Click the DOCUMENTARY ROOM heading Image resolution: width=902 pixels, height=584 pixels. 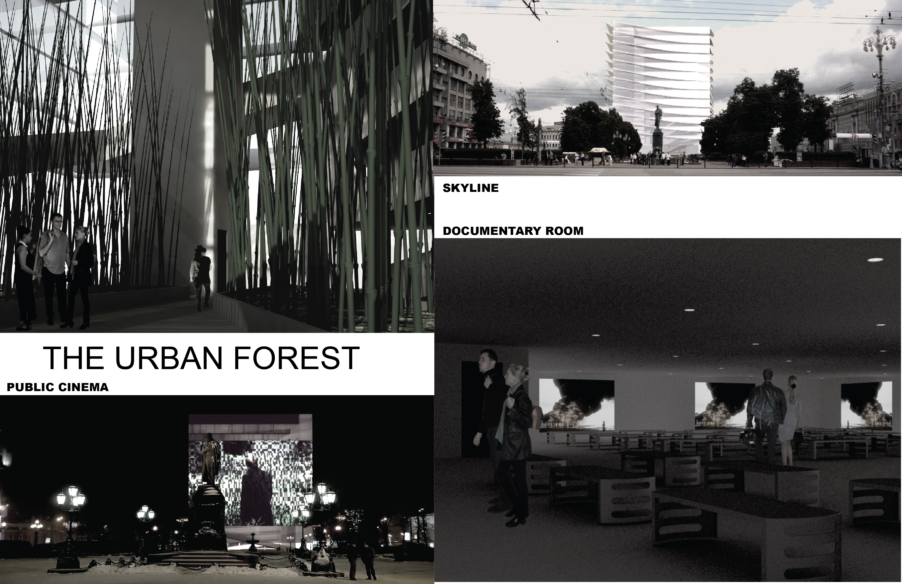pos(513,231)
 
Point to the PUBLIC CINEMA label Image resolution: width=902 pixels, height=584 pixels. pos(58,387)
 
